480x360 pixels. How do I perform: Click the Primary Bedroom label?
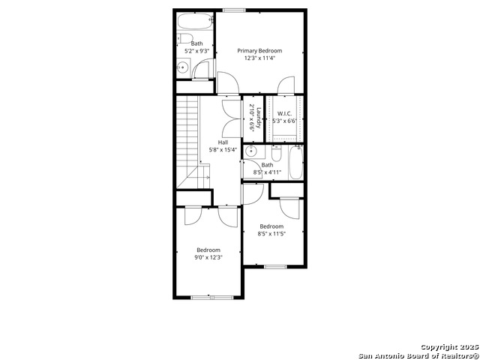(x=259, y=51)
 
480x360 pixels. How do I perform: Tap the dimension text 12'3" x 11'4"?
(x=259, y=58)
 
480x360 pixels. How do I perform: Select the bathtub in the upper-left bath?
(x=195, y=21)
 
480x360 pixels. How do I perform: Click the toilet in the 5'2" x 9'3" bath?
(x=185, y=38)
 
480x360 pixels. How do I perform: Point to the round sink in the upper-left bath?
(x=183, y=67)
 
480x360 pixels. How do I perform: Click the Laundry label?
(x=259, y=118)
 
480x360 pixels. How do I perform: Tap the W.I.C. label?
(x=284, y=113)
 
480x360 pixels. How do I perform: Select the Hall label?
(x=223, y=142)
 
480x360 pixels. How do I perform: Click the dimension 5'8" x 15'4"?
(x=223, y=150)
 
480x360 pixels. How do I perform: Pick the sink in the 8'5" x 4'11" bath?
(x=251, y=151)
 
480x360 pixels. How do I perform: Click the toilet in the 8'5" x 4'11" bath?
(x=276, y=154)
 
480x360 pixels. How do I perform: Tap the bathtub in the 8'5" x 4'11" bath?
(x=295, y=163)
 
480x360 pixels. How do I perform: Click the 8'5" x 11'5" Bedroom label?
(x=271, y=226)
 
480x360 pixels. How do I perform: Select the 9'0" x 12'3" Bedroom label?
(x=208, y=250)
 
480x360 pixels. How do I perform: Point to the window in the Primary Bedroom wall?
(x=234, y=10)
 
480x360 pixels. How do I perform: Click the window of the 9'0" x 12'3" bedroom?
(x=212, y=297)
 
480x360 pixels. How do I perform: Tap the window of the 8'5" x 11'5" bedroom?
(x=275, y=267)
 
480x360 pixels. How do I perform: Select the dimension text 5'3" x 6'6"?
(x=285, y=121)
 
